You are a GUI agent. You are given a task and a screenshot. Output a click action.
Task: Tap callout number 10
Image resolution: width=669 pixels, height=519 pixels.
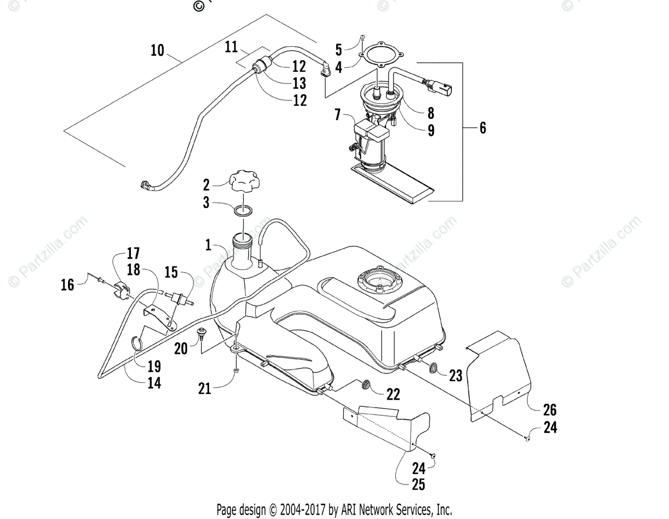[x=157, y=50]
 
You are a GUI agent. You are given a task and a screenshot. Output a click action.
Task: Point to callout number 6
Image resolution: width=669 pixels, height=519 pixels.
[x=482, y=128]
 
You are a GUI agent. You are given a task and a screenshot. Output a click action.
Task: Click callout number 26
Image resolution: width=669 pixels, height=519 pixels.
[x=550, y=410]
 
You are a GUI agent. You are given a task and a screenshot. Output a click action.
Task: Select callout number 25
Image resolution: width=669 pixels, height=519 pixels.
[x=419, y=484]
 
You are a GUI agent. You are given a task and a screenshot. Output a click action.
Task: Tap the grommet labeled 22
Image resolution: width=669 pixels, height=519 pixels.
[x=366, y=385]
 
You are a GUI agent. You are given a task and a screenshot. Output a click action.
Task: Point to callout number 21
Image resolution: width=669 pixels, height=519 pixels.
[x=205, y=388]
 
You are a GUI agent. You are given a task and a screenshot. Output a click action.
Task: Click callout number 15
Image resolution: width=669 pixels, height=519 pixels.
[x=171, y=273]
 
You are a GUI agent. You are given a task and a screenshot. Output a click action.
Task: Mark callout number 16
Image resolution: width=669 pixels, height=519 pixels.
[x=67, y=286]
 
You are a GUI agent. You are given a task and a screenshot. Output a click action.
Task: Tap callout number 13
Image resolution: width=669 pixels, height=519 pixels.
[x=299, y=83]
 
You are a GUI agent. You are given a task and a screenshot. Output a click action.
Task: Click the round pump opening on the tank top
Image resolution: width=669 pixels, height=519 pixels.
[x=380, y=281]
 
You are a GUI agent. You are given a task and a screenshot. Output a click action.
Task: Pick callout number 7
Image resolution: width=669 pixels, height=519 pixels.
[x=338, y=115]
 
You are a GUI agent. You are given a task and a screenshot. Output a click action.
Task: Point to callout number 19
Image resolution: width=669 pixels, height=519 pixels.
[x=154, y=366]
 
